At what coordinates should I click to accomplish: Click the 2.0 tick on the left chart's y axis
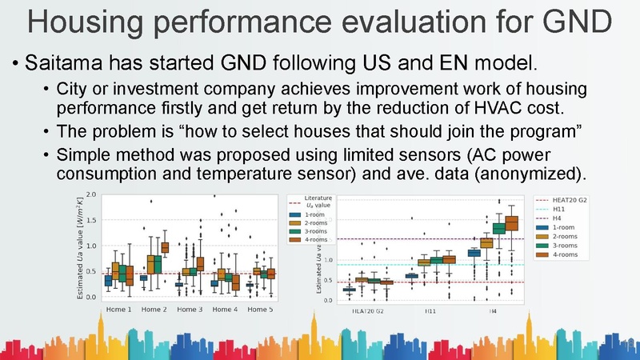pos(90,195)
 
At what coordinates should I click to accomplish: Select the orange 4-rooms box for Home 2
pos(166,247)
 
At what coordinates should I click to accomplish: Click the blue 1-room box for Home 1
pos(108,280)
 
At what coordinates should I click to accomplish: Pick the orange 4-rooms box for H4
pos(512,222)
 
